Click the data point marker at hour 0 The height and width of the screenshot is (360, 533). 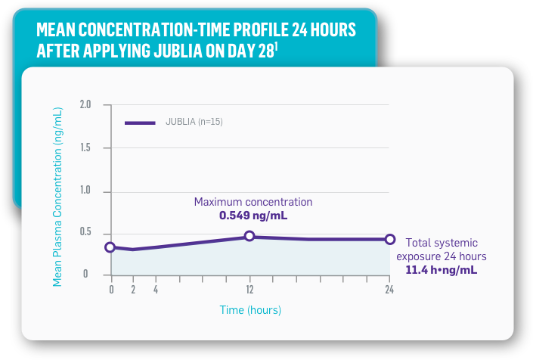point(110,247)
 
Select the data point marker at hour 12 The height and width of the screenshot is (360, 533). point(249,237)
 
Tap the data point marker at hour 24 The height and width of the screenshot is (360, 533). point(390,239)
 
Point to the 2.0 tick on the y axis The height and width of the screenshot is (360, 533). point(85,104)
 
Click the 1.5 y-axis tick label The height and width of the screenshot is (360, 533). point(85,147)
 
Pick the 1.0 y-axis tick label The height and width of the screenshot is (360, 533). point(85,191)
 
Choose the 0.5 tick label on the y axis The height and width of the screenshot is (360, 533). point(85,232)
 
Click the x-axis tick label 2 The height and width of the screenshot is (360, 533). point(133,290)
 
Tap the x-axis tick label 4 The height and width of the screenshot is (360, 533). point(156,290)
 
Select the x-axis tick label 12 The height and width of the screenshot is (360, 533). point(249,290)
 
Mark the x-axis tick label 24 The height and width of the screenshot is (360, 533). point(389,290)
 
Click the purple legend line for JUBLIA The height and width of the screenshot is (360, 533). point(140,123)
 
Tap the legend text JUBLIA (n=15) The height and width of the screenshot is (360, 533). point(194,123)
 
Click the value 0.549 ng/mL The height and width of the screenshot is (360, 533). point(253,216)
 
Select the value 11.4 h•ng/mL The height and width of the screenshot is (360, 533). point(442,269)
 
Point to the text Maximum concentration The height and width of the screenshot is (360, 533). point(253,202)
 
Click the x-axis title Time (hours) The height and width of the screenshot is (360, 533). point(250,310)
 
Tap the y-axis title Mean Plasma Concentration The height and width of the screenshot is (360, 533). point(58,197)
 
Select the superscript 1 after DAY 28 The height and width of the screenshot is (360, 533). point(277,46)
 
